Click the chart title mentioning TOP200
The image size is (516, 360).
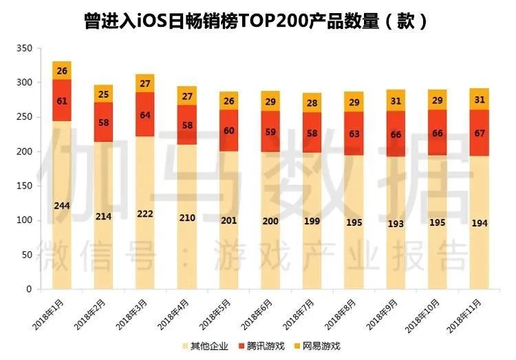(x=257, y=20)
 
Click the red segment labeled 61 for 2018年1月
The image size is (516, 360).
(x=62, y=100)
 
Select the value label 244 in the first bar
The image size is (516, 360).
(x=62, y=205)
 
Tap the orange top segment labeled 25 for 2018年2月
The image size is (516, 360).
(x=104, y=94)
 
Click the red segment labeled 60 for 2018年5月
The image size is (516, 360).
(x=229, y=131)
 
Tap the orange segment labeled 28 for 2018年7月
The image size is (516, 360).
(x=313, y=103)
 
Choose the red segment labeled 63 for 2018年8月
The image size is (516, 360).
(x=355, y=133)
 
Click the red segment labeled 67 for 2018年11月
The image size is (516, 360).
(x=480, y=132)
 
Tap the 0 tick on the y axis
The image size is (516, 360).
(x=29, y=289)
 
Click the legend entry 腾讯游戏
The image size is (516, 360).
(x=259, y=346)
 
